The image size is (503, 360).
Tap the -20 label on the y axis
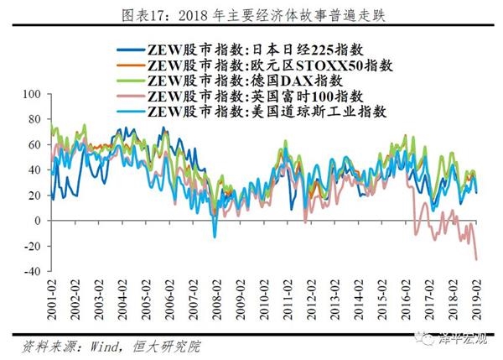click(34, 246)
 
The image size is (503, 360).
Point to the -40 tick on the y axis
click(34, 271)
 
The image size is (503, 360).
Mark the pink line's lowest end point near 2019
click(477, 259)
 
